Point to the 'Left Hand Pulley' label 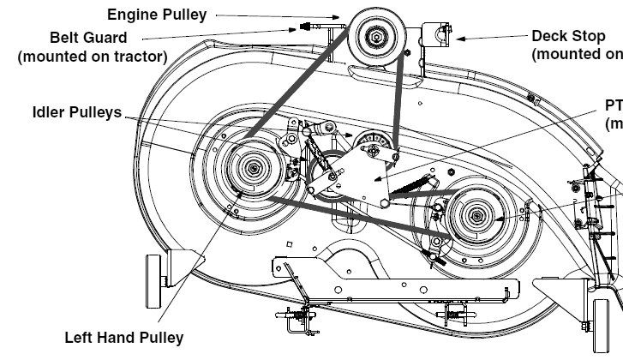pos(123,337)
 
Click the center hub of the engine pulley pos(375,36)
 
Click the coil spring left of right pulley pos(420,183)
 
